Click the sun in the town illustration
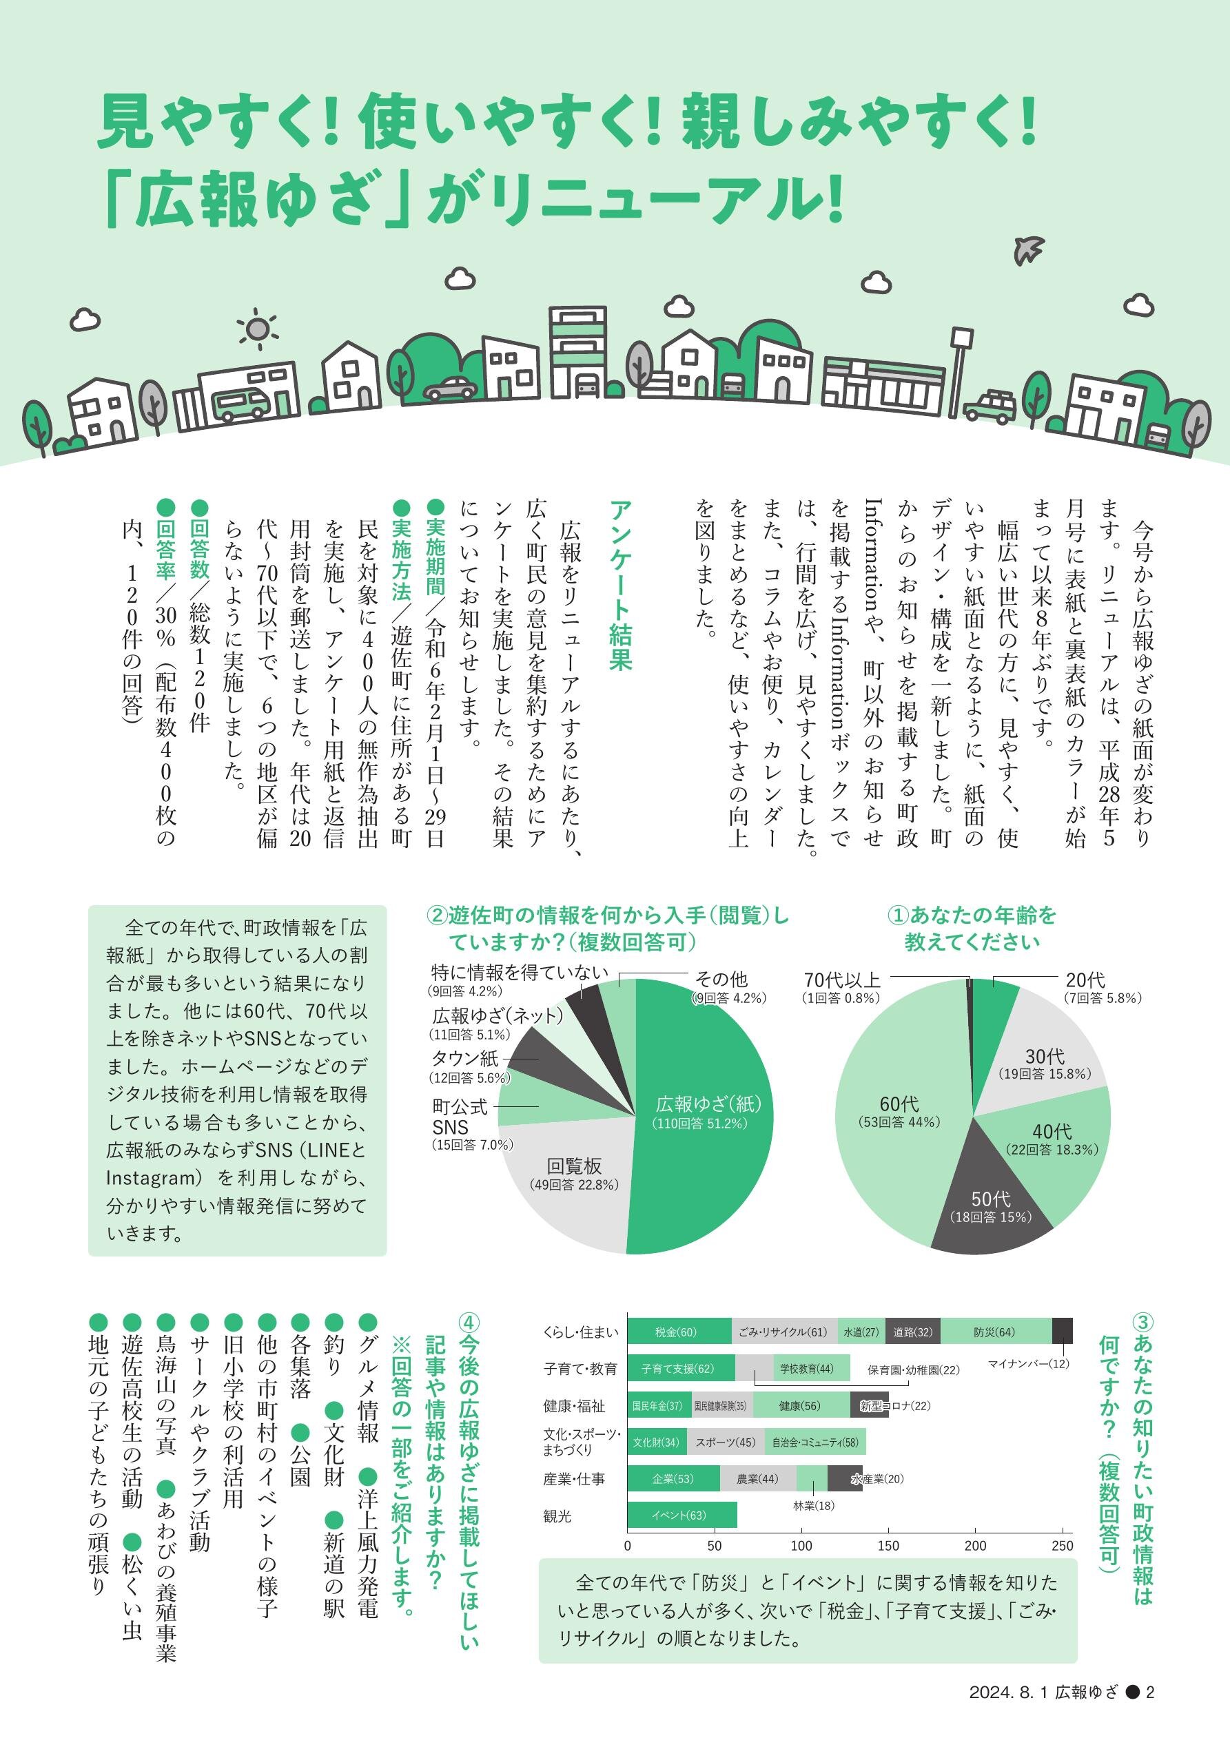pos(258,329)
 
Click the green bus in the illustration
pos(241,404)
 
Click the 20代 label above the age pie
pos(1085,980)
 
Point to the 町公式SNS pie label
pos(460,1117)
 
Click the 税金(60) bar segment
pos(679,1332)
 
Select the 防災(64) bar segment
pos(995,1332)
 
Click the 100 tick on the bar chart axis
pos(801,1546)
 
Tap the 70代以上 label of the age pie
pos(842,980)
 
